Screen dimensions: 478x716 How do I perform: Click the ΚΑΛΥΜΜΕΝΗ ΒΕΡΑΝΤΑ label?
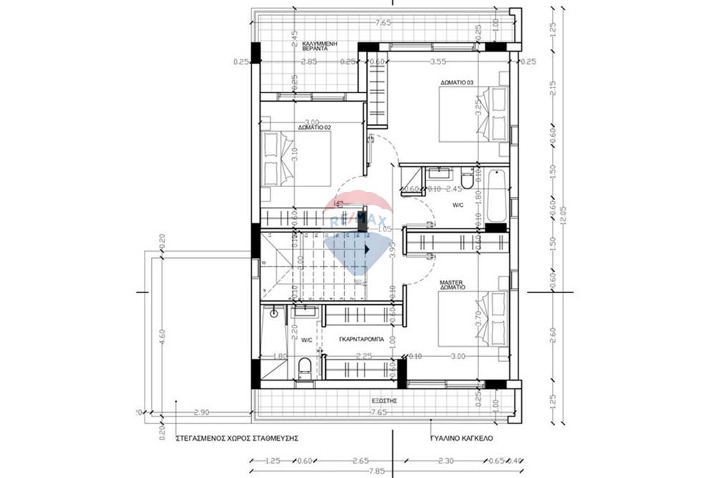pyautogui.click(x=319, y=47)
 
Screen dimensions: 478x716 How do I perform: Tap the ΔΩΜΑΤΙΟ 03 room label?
pyautogui.click(x=458, y=83)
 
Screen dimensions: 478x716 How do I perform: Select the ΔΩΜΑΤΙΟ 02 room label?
pyautogui.click(x=314, y=128)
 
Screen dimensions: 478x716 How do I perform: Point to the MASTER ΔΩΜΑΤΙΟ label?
pyautogui.click(x=453, y=284)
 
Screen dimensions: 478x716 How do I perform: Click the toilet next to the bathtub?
pyautogui.click(x=468, y=179)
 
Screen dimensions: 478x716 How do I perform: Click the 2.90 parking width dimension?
pyautogui.click(x=201, y=414)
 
